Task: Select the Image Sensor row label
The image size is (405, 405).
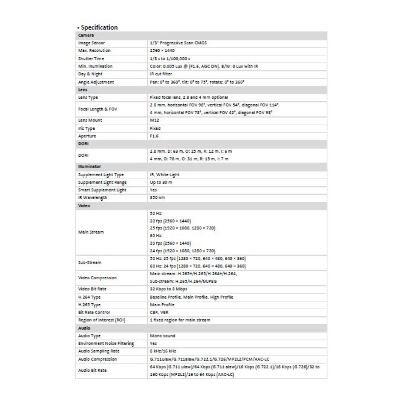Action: pos(89,43)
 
